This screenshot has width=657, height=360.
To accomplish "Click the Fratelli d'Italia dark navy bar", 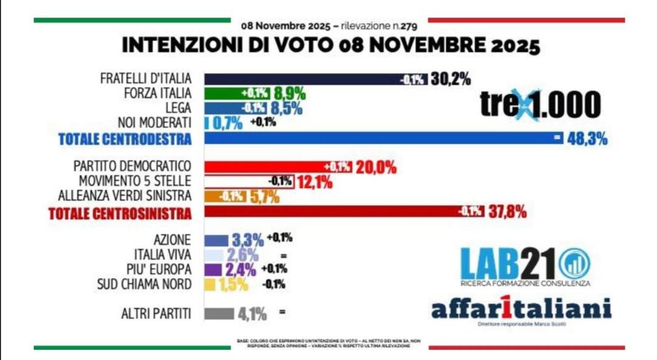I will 304,79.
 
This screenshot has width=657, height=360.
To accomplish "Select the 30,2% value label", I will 451,79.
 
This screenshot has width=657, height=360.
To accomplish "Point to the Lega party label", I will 176,108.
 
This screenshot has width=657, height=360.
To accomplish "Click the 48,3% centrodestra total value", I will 586,139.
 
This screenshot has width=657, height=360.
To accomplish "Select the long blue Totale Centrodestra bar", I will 377,139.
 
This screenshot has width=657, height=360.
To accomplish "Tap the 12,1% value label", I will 314,182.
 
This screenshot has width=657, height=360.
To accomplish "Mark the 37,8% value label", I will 506,212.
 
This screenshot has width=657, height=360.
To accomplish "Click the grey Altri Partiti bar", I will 219,314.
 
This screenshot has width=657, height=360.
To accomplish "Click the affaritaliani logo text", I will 521,309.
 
